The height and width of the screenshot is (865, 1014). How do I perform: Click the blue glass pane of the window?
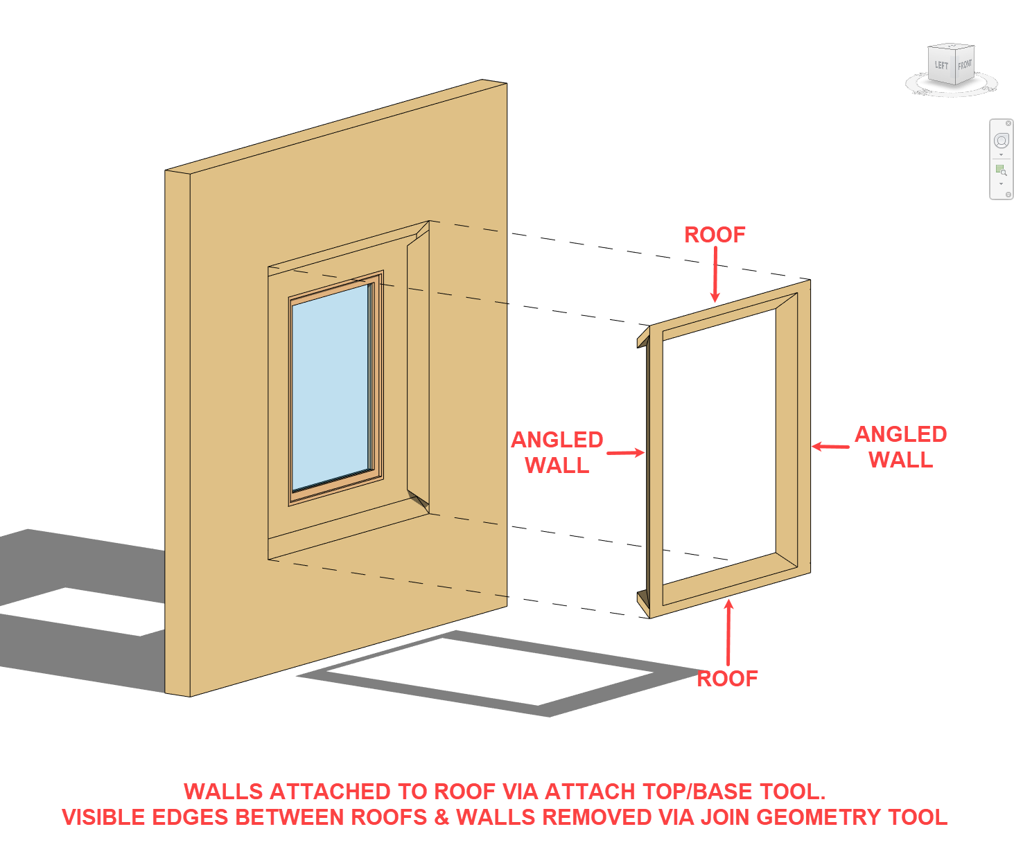331,388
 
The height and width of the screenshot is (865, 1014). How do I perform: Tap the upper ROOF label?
715,235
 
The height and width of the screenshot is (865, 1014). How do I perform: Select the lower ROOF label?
727,679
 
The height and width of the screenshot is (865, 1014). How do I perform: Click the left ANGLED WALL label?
557,452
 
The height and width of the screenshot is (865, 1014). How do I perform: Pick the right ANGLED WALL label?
900,447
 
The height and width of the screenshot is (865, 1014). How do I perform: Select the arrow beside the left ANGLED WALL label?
626,453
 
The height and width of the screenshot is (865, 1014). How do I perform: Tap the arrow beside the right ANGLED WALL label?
830,447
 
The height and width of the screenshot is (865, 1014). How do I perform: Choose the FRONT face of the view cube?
965,64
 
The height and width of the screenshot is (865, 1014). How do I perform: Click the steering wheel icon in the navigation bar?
1001,141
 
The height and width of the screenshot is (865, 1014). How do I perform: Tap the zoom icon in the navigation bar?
1001,170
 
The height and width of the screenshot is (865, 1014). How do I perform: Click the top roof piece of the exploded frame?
721,310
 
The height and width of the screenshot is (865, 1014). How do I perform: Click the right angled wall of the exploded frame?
803,429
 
